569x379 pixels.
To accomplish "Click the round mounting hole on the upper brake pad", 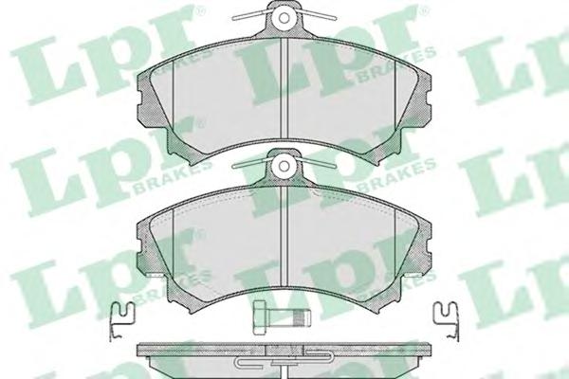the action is [284, 17].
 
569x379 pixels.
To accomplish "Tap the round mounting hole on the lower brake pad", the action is [284, 166].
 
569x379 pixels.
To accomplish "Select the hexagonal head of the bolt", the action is [261, 317].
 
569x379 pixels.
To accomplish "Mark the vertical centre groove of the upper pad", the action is [284, 88].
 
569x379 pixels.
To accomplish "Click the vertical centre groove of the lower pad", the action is [284, 237].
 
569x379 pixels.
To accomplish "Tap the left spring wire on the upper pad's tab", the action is [251, 14].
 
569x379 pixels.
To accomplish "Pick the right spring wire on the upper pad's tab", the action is [318, 14].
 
